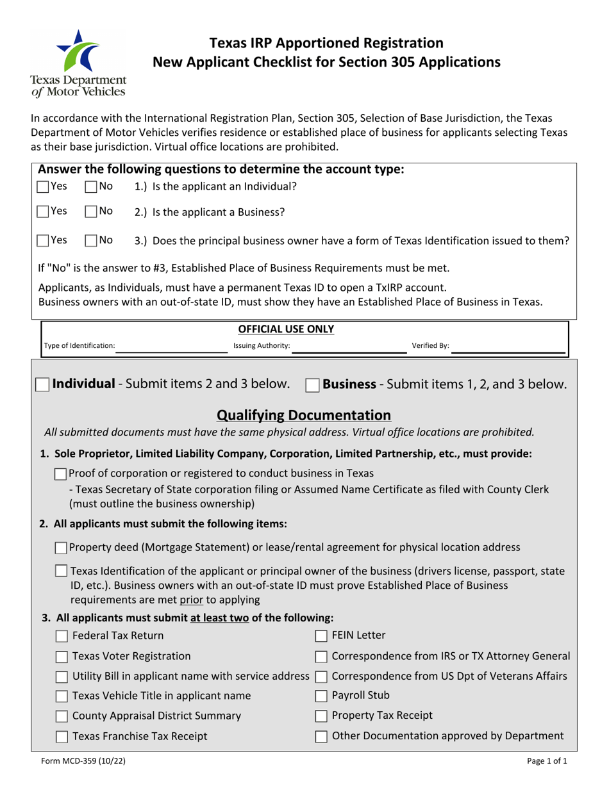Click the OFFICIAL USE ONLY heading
coord(286,329)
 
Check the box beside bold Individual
coord(42,385)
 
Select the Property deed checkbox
coord(62,548)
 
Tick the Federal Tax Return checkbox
coord(62,636)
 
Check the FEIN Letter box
coord(322,636)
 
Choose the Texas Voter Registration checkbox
coord(62,656)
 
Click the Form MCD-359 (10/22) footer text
coord(78,762)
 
